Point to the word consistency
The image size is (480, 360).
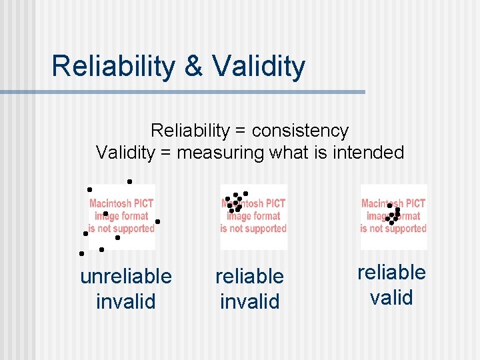(300, 130)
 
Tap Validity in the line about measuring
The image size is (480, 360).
(125, 153)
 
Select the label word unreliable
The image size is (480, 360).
(125, 276)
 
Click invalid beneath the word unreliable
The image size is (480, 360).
(125, 301)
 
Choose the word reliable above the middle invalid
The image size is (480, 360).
(249, 276)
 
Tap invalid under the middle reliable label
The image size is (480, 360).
(249, 301)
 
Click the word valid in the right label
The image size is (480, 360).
(391, 297)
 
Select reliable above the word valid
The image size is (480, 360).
(391, 272)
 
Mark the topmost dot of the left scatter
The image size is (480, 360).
(129, 181)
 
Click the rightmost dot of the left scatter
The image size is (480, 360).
(157, 221)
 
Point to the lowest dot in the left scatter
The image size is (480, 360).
(81, 253)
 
